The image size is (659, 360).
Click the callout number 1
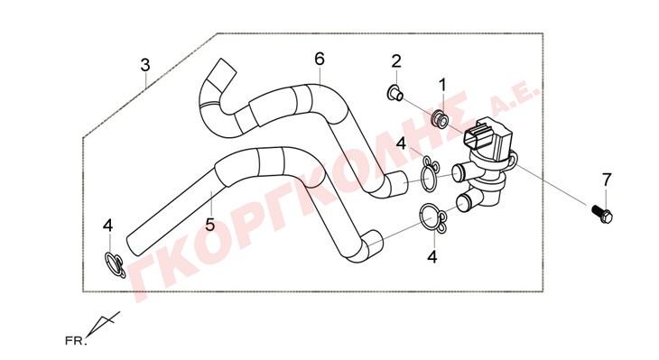tap(442, 85)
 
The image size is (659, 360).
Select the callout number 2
tap(396, 61)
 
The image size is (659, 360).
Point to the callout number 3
tap(145, 65)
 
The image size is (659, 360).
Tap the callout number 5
tap(210, 225)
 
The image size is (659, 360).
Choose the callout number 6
tap(320, 59)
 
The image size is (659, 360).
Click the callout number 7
tap(606, 180)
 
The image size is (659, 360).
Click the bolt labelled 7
tap(602, 213)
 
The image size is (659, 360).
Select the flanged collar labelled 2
tap(394, 93)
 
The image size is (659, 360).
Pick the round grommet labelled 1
tap(441, 118)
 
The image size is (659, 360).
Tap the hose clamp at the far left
tap(115, 264)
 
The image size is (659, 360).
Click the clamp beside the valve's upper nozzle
tap(429, 174)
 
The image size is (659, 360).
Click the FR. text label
tap(76, 340)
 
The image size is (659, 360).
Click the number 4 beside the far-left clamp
tap(108, 226)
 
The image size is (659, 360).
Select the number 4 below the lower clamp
tap(432, 256)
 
